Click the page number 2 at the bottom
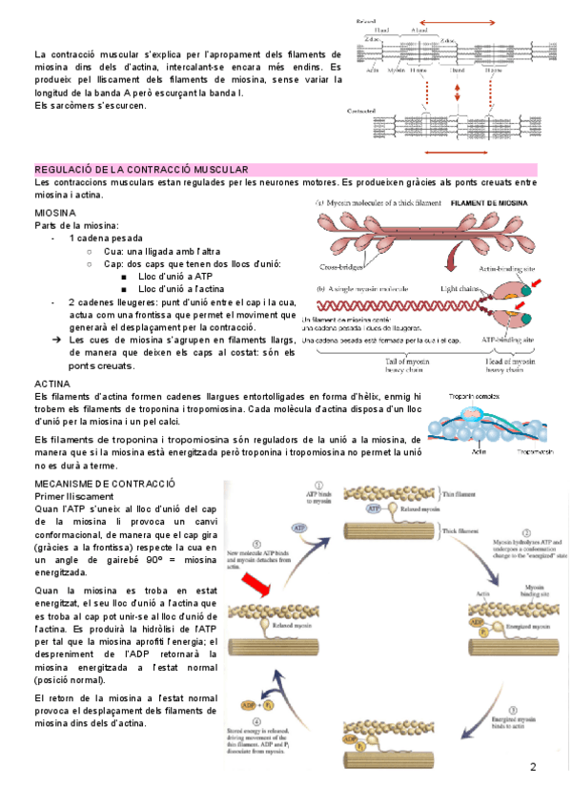534,766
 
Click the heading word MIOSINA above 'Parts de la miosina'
55,211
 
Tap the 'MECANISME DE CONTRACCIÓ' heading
105,485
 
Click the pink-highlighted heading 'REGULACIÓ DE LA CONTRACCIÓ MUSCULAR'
141,169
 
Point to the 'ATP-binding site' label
510,340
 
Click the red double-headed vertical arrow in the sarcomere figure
459,92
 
